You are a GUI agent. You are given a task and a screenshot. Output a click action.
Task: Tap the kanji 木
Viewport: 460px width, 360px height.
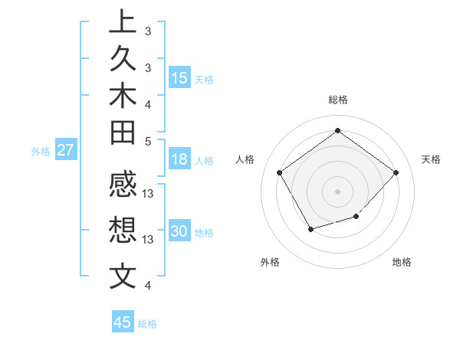click(x=123, y=97)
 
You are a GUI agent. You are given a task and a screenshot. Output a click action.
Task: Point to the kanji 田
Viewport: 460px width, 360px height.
click(x=123, y=134)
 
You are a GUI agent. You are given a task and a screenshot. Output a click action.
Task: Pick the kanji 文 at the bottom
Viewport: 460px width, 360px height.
click(x=123, y=276)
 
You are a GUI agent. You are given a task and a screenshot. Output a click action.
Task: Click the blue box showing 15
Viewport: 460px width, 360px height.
click(x=179, y=78)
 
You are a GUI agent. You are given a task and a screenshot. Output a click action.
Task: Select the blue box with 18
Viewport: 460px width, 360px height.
click(x=179, y=160)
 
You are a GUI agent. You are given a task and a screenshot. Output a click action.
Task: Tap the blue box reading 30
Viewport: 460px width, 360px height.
click(x=179, y=232)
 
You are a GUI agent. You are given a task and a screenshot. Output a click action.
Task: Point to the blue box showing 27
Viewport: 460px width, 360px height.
click(x=66, y=150)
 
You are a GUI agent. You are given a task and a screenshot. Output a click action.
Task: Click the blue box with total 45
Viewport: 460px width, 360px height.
click(x=123, y=322)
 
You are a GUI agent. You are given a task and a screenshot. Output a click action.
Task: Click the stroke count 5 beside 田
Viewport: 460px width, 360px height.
click(x=149, y=141)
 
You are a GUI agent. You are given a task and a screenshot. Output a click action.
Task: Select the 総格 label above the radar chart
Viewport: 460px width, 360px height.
click(x=337, y=100)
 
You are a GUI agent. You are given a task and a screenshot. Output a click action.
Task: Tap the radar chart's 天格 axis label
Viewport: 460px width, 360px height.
click(x=431, y=159)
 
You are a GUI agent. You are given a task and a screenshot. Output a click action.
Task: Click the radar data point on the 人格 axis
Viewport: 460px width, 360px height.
click(x=280, y=172)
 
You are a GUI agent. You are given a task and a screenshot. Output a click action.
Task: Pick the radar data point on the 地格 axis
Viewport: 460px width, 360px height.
click(x=356, y=218)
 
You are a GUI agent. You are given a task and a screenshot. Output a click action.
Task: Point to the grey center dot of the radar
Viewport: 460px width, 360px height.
click(x=337, y=191)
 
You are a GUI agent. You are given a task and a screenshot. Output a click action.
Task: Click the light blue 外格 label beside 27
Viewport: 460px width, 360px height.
click(x=41, y=152)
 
